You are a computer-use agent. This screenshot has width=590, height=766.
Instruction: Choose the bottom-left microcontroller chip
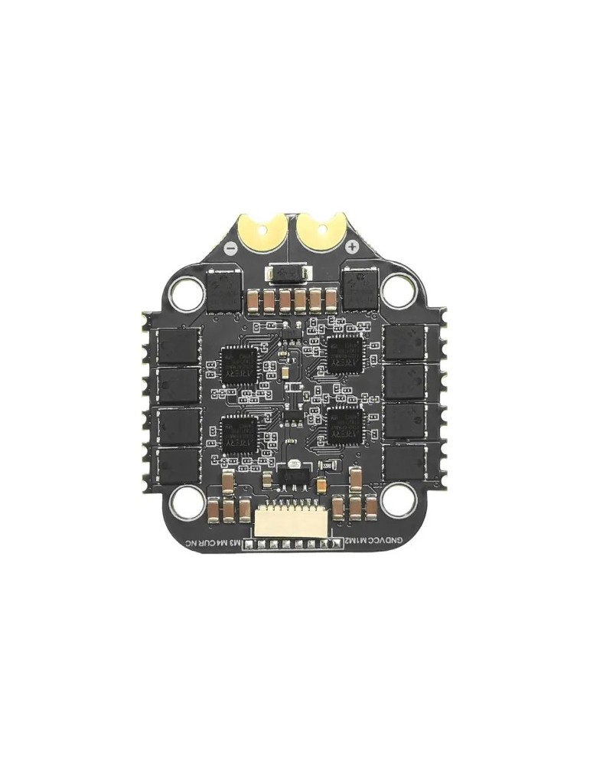[x=240, y=434]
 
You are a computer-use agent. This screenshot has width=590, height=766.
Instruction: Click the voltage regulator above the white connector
[x=292, y=476]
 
